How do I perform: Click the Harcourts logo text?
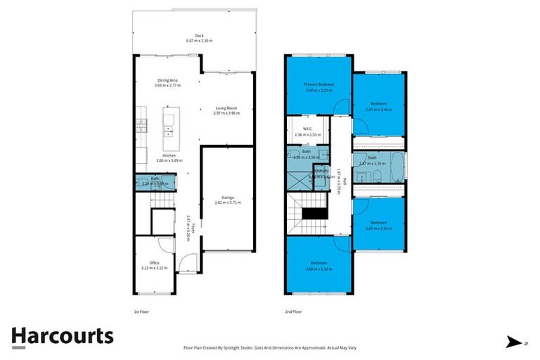pyautogui.click(x=63, y=336)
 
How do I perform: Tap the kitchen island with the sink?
pyautogui.click(x=169, y=124)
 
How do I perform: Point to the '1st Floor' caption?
pyautogui.click(x=141, y=311)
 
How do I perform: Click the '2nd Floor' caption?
pyautogui.click(x=293, y=311)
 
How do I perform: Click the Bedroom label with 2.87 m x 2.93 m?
pyautogui.click(x=379, y=226)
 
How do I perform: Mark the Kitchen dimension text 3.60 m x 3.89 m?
pyautogui.click(x=169, y=160)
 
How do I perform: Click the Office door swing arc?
pyautogui.click(x=165, y=245)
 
